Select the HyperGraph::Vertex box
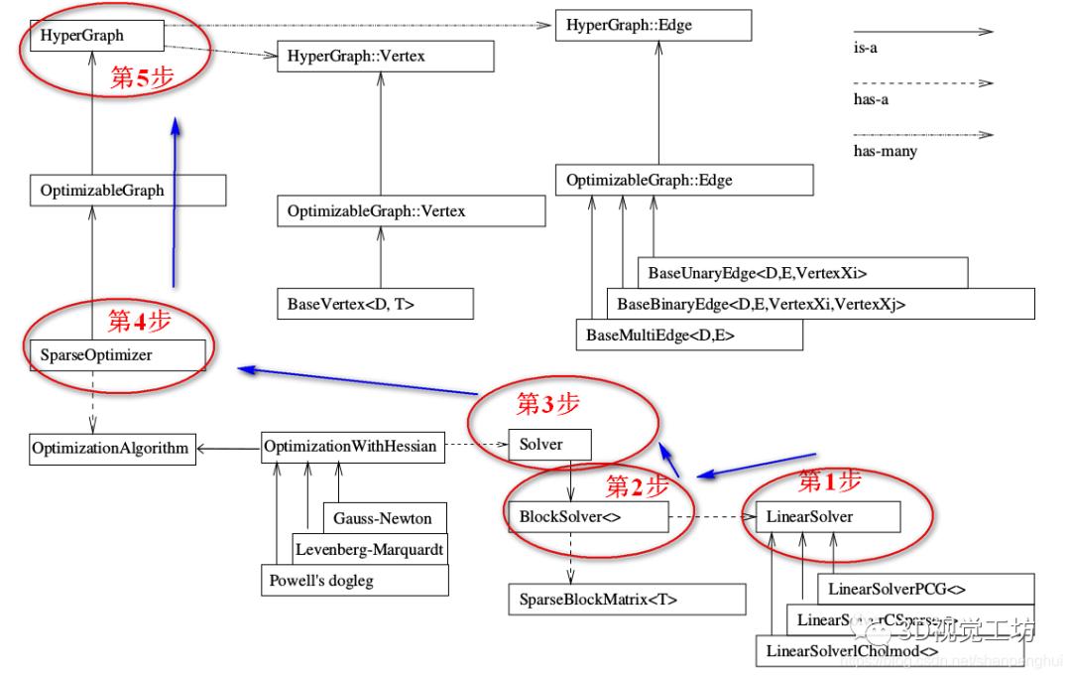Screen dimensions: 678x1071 (386, 57)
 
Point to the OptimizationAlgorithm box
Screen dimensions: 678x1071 (109, 448)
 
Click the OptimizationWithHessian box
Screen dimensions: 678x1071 (350, 446)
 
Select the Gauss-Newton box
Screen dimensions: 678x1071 (384, 517)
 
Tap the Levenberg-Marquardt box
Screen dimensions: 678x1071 (370, 548)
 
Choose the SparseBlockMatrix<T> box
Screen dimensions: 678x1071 (625, 599)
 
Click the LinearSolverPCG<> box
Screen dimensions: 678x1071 (925, 589)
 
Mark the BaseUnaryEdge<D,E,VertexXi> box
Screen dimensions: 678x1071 (801, 272)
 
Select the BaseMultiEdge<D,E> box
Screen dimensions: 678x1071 (688, 335)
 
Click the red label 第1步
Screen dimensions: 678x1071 (830, 482)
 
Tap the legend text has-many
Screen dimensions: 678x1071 (885, 151)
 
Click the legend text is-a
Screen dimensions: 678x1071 (865, 48)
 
